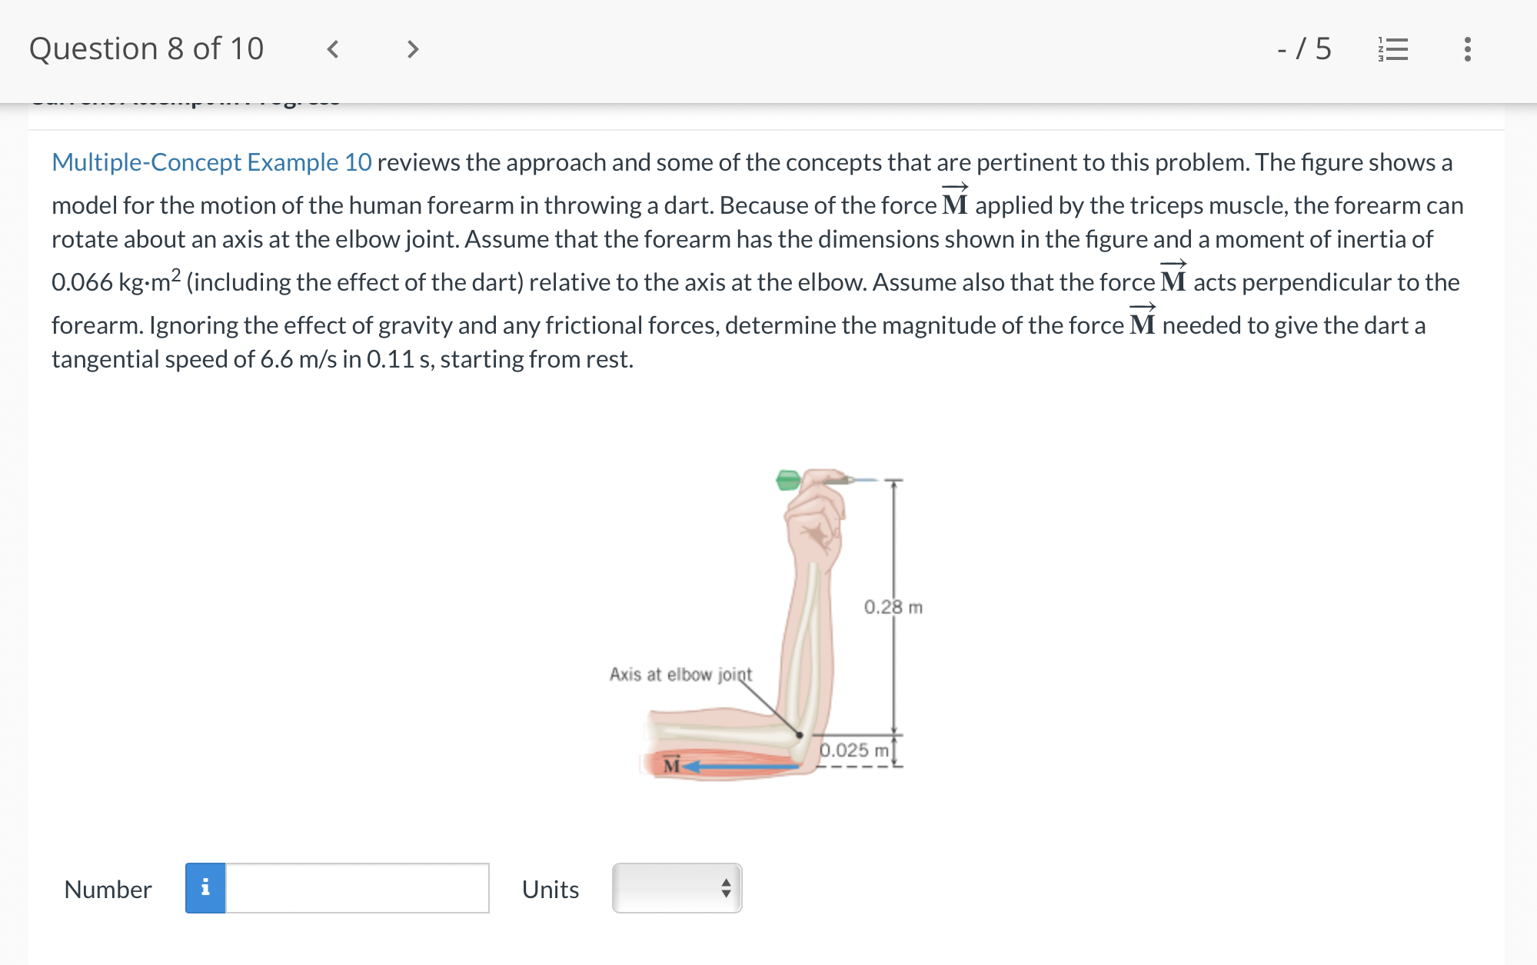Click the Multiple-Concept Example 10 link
[211, 162]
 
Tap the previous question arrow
[333, 49]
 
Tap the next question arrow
[413, 49]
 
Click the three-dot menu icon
[1467, 49]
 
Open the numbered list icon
[1393, 49]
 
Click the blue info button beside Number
[205, 888]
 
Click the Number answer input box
[357, 888]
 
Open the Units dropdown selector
[677, 888]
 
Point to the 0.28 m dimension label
[893, 607]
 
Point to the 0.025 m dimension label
[853, 750]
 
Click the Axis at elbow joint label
[680, 674]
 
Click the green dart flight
[788, 481]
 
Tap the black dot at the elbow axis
[800, 735]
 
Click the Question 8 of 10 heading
[146, 49]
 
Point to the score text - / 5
[1304, 49]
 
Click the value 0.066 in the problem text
[82, 282]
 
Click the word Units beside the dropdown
[551, 889]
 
